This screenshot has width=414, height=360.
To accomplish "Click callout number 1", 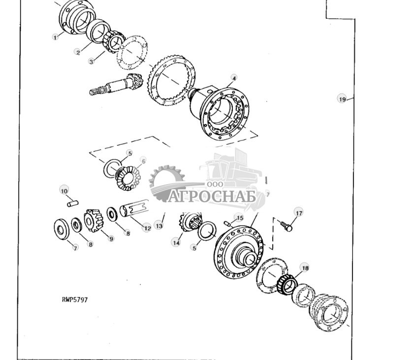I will [x=56, y=37].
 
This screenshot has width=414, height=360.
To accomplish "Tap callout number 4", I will [x=234, y=78].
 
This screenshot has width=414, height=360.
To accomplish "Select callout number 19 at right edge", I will [x=342, y=99].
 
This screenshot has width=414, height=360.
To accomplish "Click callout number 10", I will [x=64, y=191].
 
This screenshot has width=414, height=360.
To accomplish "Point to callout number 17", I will [x=299, y=213].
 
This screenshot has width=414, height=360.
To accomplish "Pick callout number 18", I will [x=305, y=268].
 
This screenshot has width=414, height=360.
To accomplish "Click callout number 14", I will [x=176, y=242].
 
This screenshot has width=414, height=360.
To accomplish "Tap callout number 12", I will [x=147, y=228].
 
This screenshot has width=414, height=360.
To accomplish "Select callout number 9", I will [x=111, y=238].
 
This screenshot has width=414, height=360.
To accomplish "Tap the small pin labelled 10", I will [x=72, y=201].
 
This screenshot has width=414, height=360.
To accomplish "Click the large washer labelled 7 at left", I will [x=62, y=229].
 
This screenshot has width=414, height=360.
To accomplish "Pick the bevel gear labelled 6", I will [x=127, y=178].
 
